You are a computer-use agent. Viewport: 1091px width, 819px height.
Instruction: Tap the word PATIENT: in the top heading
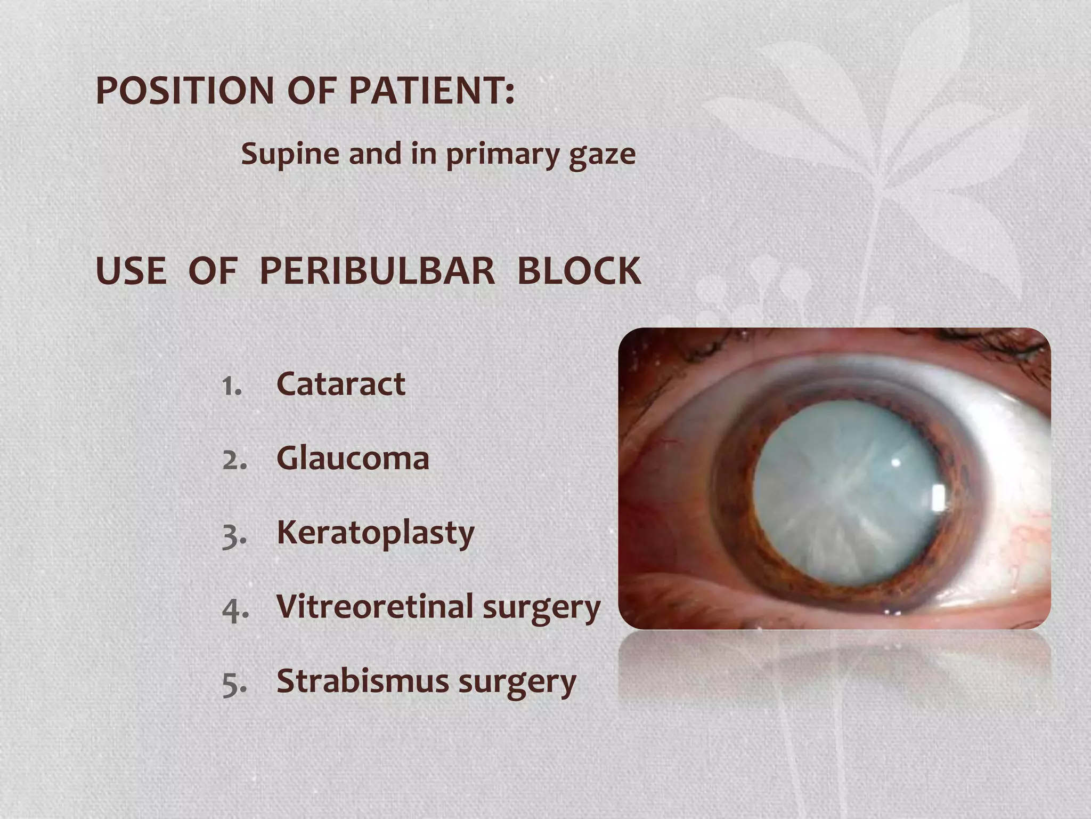click(x=431, y=91)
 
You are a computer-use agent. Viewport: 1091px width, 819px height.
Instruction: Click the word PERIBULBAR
click(x=377, y=271)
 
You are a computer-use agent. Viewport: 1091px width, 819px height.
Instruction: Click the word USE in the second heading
click(x=131, y=271)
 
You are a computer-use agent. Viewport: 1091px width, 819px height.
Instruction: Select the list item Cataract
click(x=341, y=384)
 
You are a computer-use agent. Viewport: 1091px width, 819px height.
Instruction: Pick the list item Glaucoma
click(x=353, y=459)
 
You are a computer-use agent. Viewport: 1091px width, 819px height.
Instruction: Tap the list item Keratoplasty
click(x=375, y=533)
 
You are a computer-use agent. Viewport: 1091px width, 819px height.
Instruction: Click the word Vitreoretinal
click(x=374, y=607)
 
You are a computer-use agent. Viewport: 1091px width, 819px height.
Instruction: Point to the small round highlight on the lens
click(x=895, y=462)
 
